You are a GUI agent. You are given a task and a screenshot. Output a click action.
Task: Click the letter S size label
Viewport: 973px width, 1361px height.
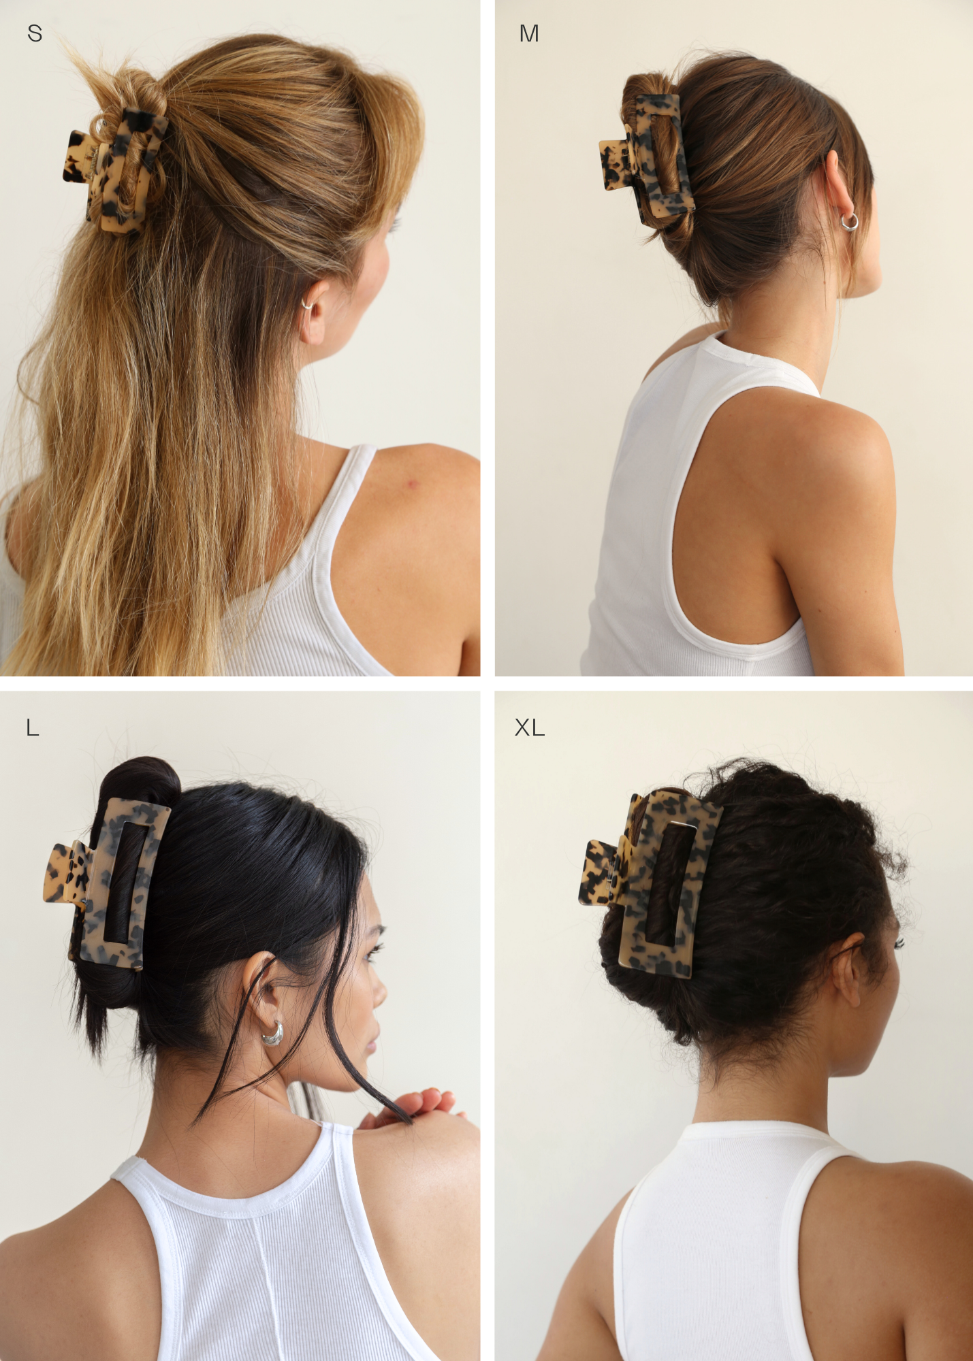[35, 33]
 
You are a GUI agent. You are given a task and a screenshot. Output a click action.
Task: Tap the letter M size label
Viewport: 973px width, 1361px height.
[529, 33]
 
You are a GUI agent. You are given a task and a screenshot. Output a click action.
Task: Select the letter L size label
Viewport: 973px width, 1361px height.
[33, 728]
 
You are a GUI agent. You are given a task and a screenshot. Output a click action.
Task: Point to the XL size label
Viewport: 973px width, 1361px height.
[530, 728]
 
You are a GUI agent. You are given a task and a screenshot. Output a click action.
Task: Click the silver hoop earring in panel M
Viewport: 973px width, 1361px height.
[848, 222]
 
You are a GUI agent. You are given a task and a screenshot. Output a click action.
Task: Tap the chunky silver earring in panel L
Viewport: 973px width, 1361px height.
[272, 1034]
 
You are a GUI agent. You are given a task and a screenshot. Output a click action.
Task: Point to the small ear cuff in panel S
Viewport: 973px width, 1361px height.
[307, 305]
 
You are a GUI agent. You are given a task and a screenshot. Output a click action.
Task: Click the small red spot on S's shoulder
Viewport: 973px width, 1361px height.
[412, 483]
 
